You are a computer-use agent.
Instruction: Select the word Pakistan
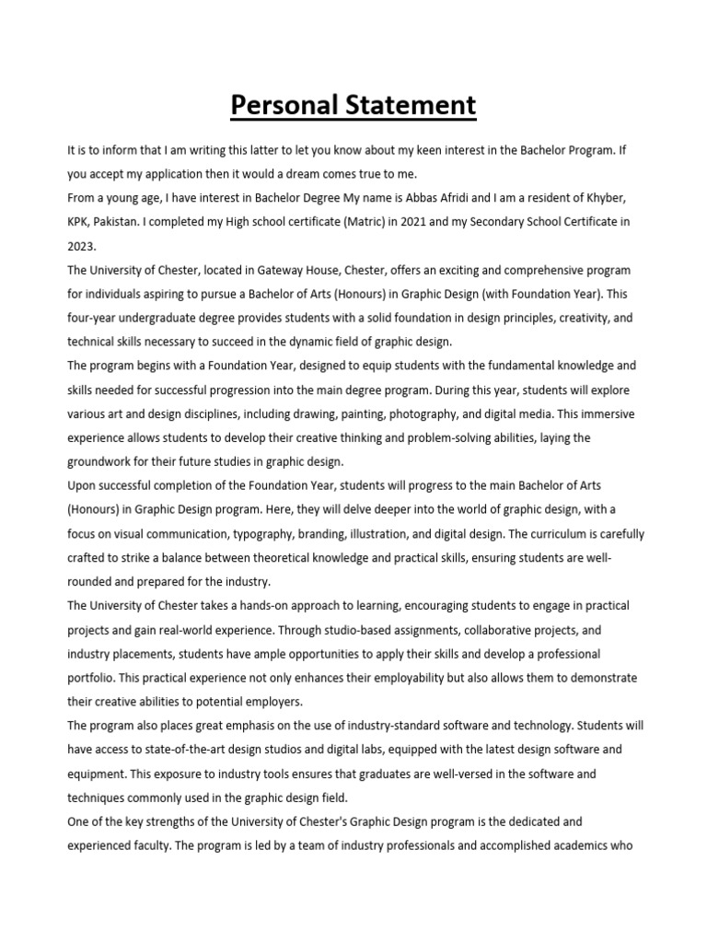point(121,222)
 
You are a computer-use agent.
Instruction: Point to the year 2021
point(355,222)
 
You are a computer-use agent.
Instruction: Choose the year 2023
point(82,246)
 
